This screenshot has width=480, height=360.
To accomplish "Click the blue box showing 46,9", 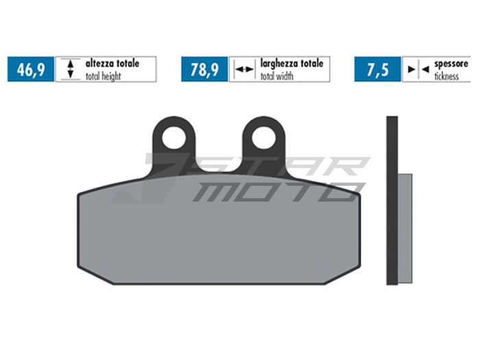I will pos(30,69).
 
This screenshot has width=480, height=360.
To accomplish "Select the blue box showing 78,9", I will pos(204,69).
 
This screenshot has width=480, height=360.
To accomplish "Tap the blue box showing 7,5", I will pos(378,69).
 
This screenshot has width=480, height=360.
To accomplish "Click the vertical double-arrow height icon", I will pos(69,69).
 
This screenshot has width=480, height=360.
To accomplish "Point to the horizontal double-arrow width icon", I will pos(243,69).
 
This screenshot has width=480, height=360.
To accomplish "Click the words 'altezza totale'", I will pos(112,63).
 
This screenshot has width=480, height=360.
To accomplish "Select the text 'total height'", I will pos(104,76).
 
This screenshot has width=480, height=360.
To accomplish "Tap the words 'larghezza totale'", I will pos(291,63).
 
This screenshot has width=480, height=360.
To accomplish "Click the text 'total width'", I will pos(277,76).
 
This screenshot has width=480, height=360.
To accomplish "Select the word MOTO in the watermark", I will pos(274,192).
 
